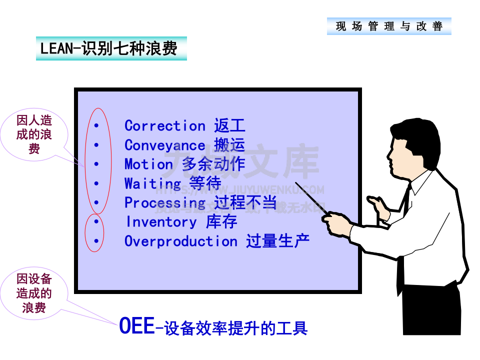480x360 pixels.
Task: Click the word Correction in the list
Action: coord(164,125)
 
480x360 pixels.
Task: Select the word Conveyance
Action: coord(164,145)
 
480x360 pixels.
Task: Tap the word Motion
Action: coord(148,164)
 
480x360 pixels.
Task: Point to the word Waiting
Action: coord(152,183)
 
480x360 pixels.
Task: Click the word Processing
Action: coord(164,202)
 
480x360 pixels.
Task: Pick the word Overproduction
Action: coord(180,241)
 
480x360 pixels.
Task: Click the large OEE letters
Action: coord(136,326)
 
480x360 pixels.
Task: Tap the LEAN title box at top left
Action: coord(111,48)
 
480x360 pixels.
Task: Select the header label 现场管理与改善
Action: coord(389,26)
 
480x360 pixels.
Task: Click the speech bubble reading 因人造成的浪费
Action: coord(34,134)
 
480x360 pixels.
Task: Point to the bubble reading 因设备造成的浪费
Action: coord(34,293)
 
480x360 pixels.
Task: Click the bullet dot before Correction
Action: coord(96,125)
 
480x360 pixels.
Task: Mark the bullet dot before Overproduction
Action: coord(96,241)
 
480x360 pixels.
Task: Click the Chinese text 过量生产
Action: coord(277,241)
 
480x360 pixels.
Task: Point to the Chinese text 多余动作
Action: coord(213,164)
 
